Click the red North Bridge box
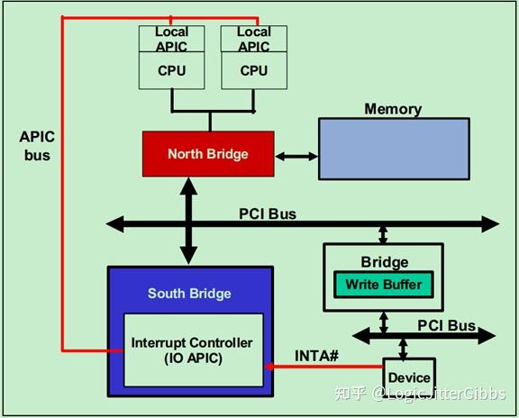(207, 154)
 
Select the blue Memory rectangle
(393, 149)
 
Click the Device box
(409, 377)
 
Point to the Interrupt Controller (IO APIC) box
(192, 350)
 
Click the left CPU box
(171, 70)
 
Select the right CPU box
(254, 70)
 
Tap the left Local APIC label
(171, 40)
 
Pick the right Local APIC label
(254, 40)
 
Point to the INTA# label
(317, 356)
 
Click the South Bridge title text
(189, 294)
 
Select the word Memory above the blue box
(393, 109)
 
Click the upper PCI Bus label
(267, 214)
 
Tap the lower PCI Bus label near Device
(447, 324)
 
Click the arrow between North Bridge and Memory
(296, 156)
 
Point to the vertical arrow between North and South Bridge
(189, 222)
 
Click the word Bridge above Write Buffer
(384, 262)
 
